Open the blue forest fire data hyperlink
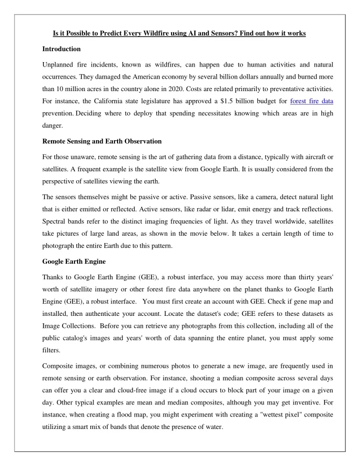pyautogui.click(x=312, y=101)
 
